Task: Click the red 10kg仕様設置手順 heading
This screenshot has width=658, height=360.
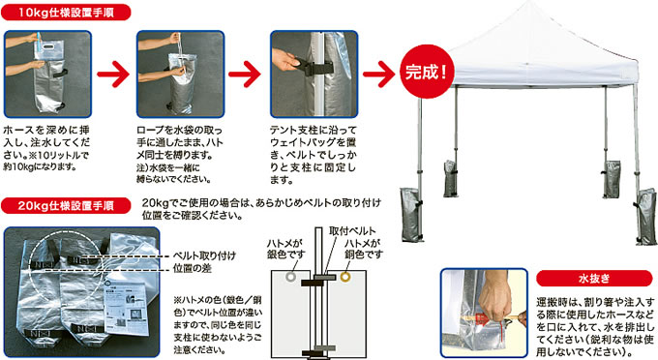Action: [x=66, y=13]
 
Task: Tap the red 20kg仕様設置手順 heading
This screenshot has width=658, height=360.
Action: [x=66, y=205]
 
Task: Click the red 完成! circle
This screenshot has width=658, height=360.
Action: [x=427, y=72]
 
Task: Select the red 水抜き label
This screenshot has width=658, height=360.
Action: [x=594, y=278]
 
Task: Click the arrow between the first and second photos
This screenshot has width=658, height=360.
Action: [x=113, y=75]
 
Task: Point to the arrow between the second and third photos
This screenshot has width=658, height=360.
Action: [x=245, y=75]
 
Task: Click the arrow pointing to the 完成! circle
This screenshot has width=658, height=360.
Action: [x=379, y=75]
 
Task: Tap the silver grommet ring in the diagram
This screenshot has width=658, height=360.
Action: [x=290, y=277]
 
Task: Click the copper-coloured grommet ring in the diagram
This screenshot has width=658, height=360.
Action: [x=344, y=277]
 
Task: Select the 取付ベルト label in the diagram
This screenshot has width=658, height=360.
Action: [x=352, y=230]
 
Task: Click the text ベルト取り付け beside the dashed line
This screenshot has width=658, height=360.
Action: [x=204, y=255]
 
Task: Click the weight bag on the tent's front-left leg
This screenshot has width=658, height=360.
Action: [x=411, y=215]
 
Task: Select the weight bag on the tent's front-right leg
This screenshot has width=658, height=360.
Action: [x=645, y=217]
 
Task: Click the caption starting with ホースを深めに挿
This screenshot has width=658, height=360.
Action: [x=46, y=148]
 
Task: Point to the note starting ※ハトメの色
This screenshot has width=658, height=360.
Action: [x=218, y=325]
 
